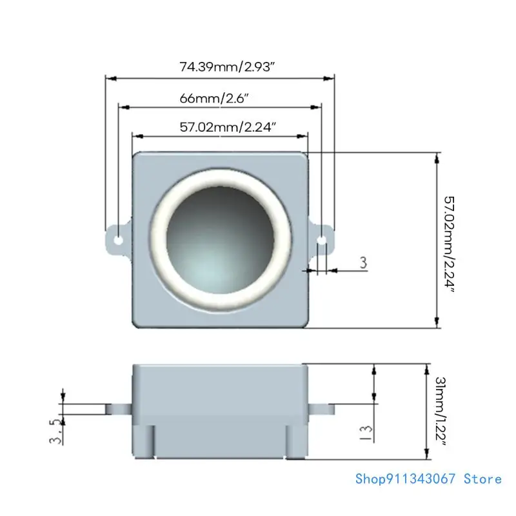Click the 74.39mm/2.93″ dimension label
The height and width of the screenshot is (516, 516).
click(x=220, y=66)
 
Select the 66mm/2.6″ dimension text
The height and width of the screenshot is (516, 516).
click(x=214, y=98)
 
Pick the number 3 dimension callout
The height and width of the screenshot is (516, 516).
click(x=362, y=263)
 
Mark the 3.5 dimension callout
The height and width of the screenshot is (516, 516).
click(x=57, y=432)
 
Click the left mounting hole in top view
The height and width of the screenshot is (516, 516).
click(x=118, y=240)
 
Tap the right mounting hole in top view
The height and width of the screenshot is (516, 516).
click(x=322, y=240)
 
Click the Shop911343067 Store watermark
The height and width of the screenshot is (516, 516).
click(x=428, y=479)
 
